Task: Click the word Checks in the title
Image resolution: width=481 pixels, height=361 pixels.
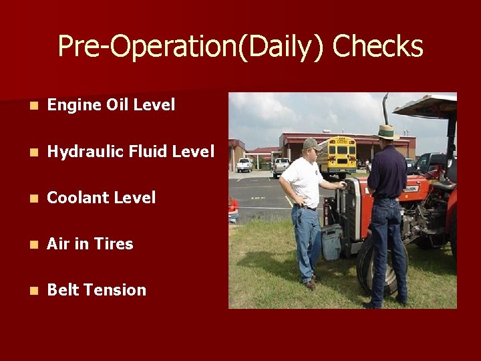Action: [x=377, y=47]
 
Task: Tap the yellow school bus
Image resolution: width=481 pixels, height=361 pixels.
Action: [x=337, y=155]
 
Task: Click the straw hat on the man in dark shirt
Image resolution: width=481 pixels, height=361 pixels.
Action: [x=385, y=132]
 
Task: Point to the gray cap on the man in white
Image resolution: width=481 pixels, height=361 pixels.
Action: [x=310, y=143]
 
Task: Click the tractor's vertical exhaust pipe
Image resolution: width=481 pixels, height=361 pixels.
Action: [x=385, y=110]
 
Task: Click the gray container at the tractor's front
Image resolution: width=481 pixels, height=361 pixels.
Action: [x=331, y=241]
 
